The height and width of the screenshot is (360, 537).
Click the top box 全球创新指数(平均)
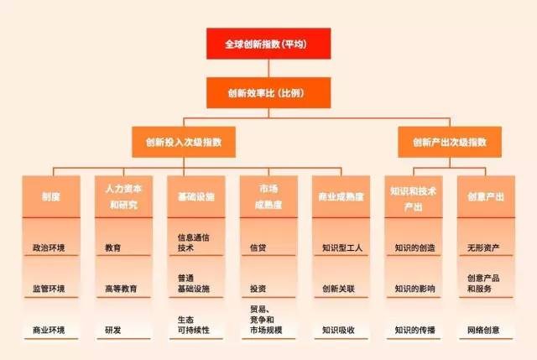click(268, 44)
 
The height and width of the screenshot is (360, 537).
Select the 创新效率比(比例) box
click(268, 91)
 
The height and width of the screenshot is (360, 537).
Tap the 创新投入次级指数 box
click(182, 142)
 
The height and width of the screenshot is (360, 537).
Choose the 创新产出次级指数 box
click(450, 142)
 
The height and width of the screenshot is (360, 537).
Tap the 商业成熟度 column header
click(340, 197)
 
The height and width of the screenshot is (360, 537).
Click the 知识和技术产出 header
click(414, 197)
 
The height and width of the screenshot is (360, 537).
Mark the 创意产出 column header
click(486, 197)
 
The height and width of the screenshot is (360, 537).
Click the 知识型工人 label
click(340, 248)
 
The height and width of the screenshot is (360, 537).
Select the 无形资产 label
click(484, 248)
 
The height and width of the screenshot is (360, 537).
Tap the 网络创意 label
click(484, 329)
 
